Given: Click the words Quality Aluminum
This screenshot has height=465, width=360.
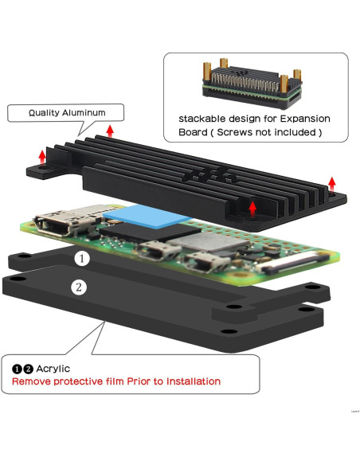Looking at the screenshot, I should click(x=66, y=113).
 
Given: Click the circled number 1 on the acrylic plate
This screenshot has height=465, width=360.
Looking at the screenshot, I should click(x=83, y=259).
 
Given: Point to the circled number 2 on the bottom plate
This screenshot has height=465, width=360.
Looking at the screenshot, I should click(x=77, y=287).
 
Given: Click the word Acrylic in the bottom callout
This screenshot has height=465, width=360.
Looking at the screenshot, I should click(x=53, y=369).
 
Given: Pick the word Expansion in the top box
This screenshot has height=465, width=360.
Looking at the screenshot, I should click(x=303, y=119).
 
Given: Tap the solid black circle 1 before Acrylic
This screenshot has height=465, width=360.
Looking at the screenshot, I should click(x=18, y=369).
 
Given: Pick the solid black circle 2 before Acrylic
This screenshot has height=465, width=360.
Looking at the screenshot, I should click(x=29, y=369).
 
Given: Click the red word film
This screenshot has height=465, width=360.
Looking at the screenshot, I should click(x=122, y=381).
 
